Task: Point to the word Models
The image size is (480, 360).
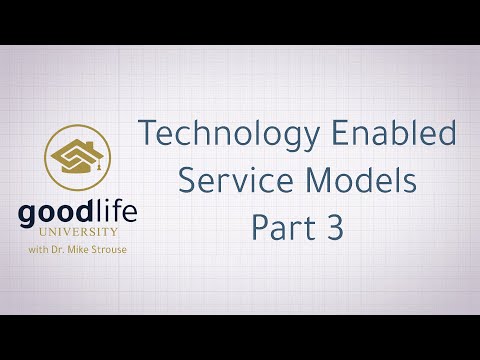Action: tap(350, 181)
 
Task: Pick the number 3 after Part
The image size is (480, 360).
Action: tap(333, 229)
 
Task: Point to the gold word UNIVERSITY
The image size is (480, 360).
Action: tap(80, 233)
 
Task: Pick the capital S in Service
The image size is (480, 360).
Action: tap(185, 181)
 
